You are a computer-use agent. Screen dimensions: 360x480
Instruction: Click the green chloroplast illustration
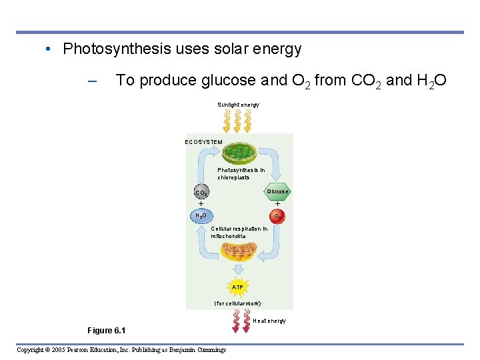(241, 153)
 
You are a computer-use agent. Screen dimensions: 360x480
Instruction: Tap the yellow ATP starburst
(237, 287)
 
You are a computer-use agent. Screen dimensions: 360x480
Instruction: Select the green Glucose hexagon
(277, 191)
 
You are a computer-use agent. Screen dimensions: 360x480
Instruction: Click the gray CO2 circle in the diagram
(201, 193)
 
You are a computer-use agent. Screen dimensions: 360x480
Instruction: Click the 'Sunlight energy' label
(238, 105)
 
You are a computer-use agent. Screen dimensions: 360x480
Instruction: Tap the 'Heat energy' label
(269, 321)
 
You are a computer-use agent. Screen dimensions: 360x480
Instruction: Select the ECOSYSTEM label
(203, 142)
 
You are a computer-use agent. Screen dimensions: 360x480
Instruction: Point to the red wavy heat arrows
(238, 321)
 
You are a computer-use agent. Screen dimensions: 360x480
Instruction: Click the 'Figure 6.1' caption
(106, 331)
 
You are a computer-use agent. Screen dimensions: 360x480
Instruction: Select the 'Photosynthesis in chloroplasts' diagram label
(241, 173)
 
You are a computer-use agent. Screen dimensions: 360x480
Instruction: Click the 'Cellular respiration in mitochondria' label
(239, 232)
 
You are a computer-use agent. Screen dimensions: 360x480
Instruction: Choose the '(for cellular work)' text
(237, 303)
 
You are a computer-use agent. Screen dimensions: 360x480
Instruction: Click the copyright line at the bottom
(121, 349)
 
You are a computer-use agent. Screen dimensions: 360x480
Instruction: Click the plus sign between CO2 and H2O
(201, 204)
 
